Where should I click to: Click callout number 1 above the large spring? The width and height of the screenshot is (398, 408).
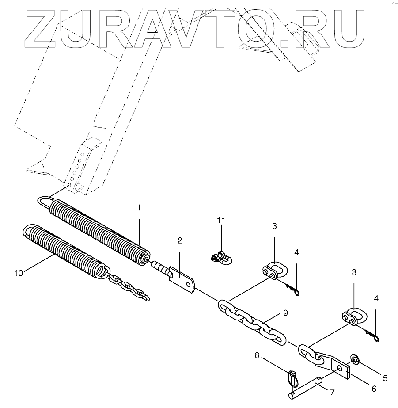pyautogui.click(x=139, y=208)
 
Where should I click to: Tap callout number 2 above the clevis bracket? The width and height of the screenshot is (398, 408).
pyautogui.click(x=180, y=240)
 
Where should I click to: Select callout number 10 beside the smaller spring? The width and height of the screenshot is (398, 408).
pyautogui.click(x=18, y=273)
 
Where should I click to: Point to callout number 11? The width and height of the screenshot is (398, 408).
pyautogui.click(x=221, y=220)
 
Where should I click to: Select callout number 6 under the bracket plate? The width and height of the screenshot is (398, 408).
pyautogui.click(x=373, y=389)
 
